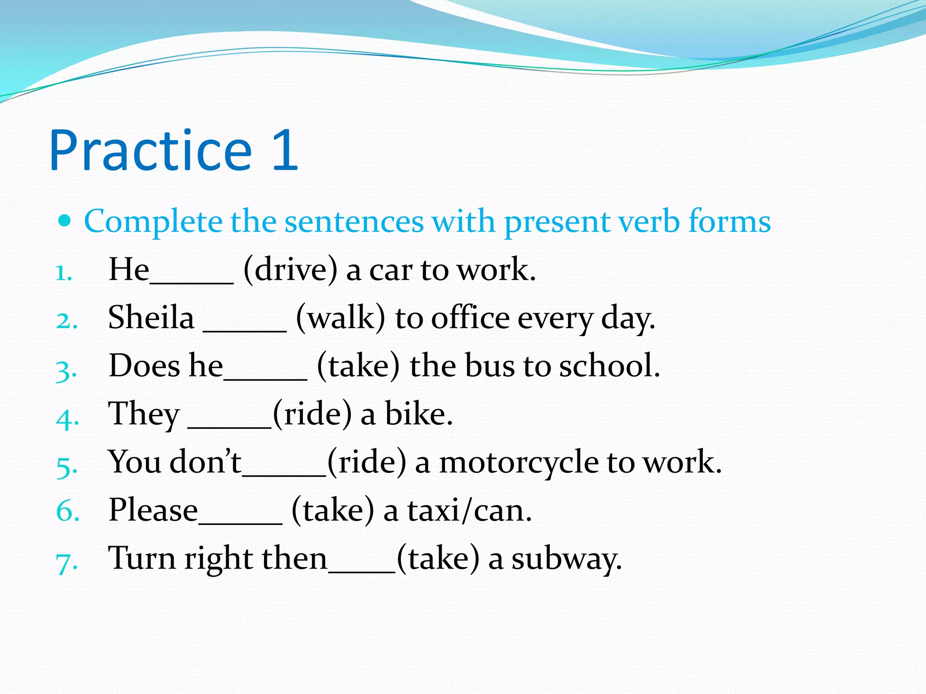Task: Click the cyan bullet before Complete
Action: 65,221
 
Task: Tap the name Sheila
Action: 151,317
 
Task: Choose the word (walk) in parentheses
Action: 340,318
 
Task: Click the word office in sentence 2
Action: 470,318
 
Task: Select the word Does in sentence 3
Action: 144,366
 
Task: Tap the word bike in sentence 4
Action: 418,414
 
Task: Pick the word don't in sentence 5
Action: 206,462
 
